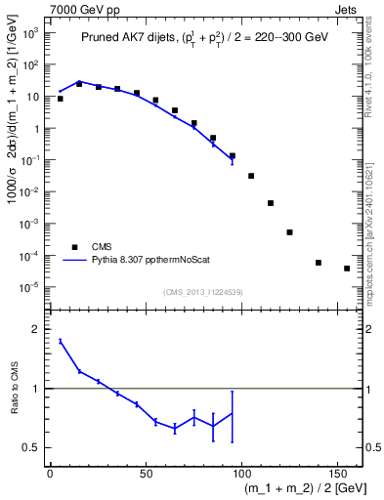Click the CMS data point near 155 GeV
[x=347, y=269]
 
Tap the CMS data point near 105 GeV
[x=251, y=176]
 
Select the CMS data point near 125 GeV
[x=289, y=232]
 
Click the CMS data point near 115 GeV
[x=271, y=203]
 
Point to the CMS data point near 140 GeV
[x=319, y=263]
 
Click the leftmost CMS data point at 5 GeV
[x=61, y=99]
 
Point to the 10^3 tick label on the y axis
[x=29, y=34]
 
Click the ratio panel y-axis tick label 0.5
[x=34, y=447]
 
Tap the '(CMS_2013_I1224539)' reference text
[x=202, y=291]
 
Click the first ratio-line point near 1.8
[x=61, y=341]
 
